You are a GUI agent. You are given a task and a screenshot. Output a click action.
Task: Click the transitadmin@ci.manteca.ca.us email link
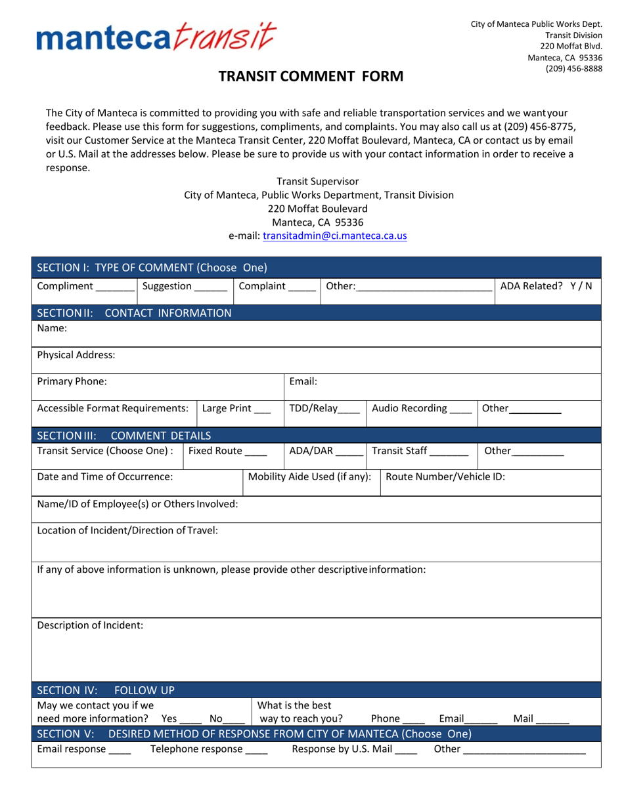pyautogui.click(x=335, y=236)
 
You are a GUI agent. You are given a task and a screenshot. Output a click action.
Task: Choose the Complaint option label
pyautogui.click(x=262, y=286)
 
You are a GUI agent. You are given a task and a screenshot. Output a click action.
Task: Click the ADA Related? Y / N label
pyautogui.click(x=546, y=286)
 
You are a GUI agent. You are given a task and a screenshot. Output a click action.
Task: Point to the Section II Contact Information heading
pyautogui.click(x=135, y=313)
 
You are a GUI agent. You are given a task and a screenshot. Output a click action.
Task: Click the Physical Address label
pyautogui.click(x=76, y=355)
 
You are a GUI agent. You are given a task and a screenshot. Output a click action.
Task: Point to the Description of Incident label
pyautogui.click(x=90, y=625)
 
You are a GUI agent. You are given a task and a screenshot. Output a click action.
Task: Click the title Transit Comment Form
pyautogui.click(x=311, y=77)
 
